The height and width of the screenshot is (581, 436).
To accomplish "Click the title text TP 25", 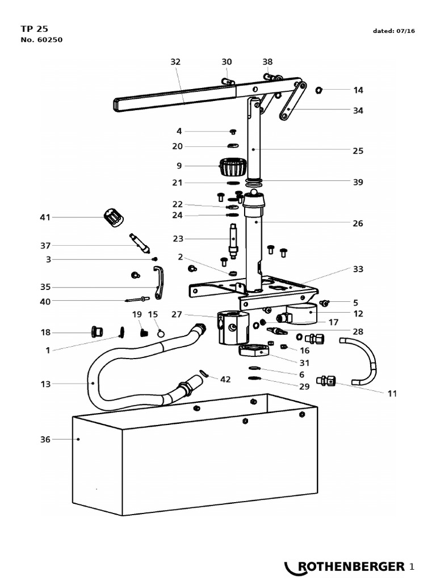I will click(34, 28).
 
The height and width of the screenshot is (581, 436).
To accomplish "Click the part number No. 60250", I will click(41, 40).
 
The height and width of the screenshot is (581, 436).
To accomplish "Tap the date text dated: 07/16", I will click(393, 31).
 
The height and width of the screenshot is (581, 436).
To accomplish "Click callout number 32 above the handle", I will click(175, 62).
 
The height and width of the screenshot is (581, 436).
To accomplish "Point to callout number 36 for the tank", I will click(45, 439).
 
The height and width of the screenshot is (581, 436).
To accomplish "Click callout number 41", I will click(45, 217).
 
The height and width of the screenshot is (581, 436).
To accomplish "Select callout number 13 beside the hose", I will click(45, 384).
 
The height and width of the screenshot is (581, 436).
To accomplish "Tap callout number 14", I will click(358, 90).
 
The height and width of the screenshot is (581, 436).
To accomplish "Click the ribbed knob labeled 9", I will click(232, 167).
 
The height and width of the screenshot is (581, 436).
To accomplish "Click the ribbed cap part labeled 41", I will click(114, 217).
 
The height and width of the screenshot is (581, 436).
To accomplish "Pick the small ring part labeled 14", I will click(318, 90).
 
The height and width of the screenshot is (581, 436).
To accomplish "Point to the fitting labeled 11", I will click(327, 381).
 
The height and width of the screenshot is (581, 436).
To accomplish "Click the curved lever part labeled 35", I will click(158, 283).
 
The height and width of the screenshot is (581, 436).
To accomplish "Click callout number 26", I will click(358, 224).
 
